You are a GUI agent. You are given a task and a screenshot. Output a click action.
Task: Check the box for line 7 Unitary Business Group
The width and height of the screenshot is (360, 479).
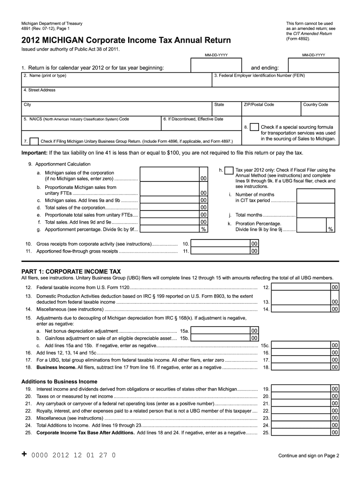(x=34, y=141)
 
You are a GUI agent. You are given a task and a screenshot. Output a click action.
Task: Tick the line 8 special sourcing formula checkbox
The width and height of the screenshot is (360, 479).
(x=254, y=127)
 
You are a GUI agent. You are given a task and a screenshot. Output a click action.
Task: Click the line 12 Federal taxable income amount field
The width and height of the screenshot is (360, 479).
(x=301, y=287)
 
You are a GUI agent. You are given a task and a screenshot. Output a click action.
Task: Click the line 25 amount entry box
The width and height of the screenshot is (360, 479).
(x=301, y=433)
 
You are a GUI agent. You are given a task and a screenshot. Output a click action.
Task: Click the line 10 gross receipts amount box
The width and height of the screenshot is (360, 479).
(x=221, y=244)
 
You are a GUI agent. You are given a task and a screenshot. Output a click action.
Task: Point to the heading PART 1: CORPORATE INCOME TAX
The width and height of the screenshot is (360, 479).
(x=71, y=271)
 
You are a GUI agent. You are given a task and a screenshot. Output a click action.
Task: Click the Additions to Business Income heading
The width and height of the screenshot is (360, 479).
(x=59, y=382)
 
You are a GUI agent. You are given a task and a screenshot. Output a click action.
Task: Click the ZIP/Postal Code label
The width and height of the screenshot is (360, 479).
(x=259, y=105)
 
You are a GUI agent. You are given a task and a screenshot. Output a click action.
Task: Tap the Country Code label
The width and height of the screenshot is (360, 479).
(x=316, y=105)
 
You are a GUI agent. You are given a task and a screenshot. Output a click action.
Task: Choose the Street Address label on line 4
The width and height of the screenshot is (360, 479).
(x=39, y=90)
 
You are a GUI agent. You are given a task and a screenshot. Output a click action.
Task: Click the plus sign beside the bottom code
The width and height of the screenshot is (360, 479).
(x=24, y=454)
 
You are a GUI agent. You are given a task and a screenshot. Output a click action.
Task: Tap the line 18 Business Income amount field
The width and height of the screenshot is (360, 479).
(x=301, y=367)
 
